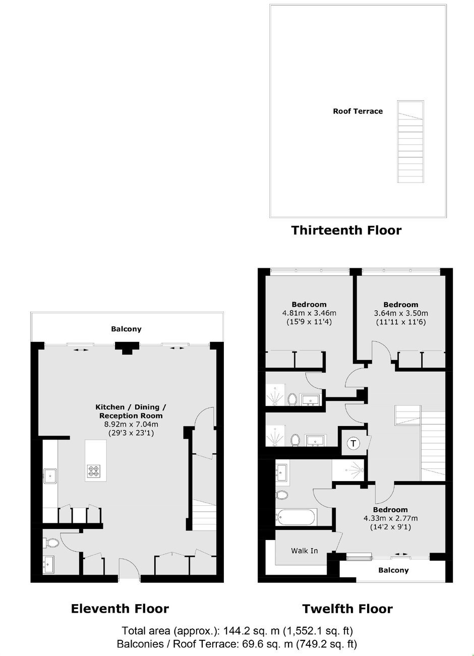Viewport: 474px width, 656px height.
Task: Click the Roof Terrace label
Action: (x=358, y=111)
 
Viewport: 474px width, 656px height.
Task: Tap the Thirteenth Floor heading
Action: (x=346, y=230)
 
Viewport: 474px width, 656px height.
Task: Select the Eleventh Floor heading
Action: (x=120, y=609)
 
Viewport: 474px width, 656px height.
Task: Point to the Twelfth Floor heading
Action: (x=347, y=609)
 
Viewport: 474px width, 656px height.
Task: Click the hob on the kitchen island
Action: (x=93, y=470)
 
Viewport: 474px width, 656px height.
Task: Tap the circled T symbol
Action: (x=353, y=443)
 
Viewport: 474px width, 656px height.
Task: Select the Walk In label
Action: (x=305, y=551)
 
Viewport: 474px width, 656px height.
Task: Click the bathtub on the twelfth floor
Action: (x=296, y=517)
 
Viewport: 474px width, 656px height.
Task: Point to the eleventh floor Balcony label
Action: (x=126, y=329)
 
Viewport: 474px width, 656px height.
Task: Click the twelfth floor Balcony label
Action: (x=393, y=570)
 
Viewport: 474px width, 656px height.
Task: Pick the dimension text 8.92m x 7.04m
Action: (x=131, y=424)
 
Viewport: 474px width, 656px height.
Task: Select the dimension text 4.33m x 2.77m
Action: (x=390, y=518)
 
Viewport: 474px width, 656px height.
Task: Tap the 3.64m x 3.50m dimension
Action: (x=401, y=313)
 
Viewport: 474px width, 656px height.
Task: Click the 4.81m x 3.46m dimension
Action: (x=309, y=313)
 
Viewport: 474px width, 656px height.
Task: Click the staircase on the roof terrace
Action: (x=410, y=142)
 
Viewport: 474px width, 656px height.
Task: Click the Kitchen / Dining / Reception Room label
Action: (x=131, y=411)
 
